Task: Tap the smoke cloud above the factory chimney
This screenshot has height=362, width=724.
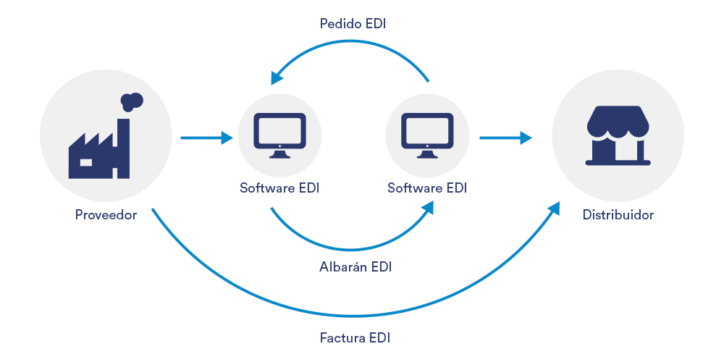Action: tap(131, 101)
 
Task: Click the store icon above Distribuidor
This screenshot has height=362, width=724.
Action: tap(618, 136)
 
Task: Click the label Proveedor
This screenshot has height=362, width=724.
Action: tap(106, 215)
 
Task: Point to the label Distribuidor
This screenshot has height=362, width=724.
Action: tap(618, 215)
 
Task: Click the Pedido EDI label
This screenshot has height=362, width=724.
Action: tap(353, 24)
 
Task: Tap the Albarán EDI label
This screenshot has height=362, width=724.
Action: tap(355, 266)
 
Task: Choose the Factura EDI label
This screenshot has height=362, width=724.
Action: tap(355, 337)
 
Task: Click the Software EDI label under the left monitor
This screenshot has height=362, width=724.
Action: tap(279, 188)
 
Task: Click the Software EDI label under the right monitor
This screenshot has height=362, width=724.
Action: tap(427, 188)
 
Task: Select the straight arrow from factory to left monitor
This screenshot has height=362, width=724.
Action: tap(206, 137)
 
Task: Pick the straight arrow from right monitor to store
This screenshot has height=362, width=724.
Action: tap(505, 137)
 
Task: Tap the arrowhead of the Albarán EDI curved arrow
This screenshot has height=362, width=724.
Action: tap(428, 208)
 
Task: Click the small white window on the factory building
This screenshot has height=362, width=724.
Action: tap(86, 162)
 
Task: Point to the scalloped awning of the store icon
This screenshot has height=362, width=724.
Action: tap(618, 122)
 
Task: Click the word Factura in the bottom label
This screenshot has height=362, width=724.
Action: tap(342, 337)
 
